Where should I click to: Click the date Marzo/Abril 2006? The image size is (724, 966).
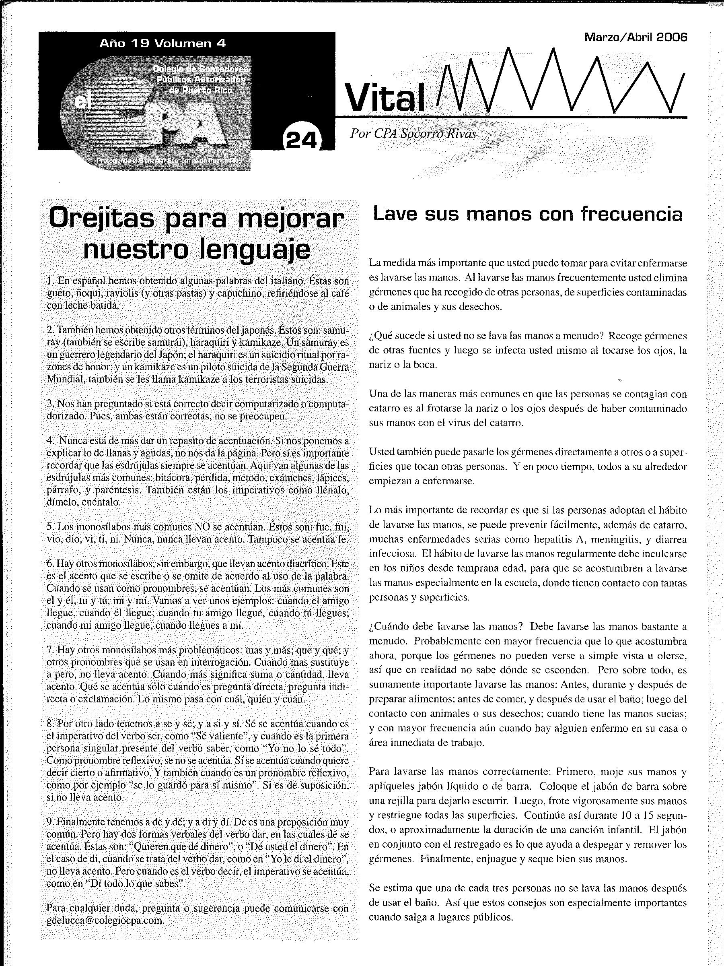[636, 37]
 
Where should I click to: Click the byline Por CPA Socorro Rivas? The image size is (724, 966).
[413, 134]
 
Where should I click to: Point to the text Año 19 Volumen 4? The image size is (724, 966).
[163, 43]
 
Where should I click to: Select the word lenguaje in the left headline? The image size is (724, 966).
[255, 250]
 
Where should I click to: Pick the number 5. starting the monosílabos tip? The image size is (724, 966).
[50, 526]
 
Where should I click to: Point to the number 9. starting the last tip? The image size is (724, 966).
[50, 822]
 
